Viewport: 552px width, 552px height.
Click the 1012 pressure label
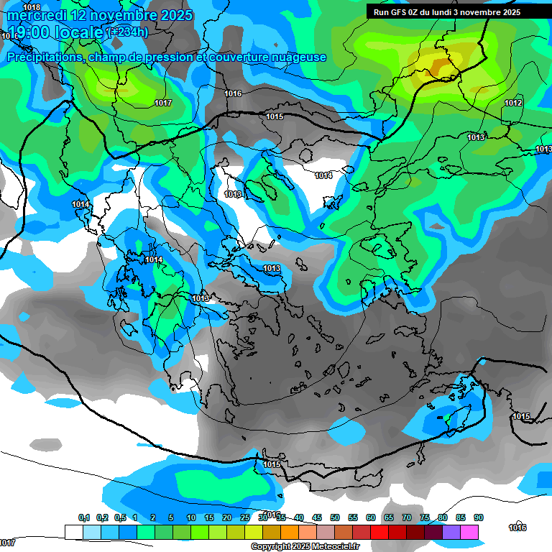coord(513,103)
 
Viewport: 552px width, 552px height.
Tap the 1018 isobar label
coord(32,7)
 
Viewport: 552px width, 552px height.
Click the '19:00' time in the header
coord(27,32)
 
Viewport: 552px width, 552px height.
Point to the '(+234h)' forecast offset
coord(127,32)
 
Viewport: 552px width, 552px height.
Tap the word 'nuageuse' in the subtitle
coord(295,57)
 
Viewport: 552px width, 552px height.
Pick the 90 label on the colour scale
coord(478,517)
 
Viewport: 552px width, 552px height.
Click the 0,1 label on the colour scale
coord(83,517)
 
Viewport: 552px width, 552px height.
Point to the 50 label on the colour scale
coord(335,517)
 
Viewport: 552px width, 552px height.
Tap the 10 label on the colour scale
coord(191,517)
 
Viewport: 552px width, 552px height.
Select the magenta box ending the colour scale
coord(469,532)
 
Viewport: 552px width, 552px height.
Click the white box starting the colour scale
coord(74,532)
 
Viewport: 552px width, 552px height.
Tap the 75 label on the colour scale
coord(425,517)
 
